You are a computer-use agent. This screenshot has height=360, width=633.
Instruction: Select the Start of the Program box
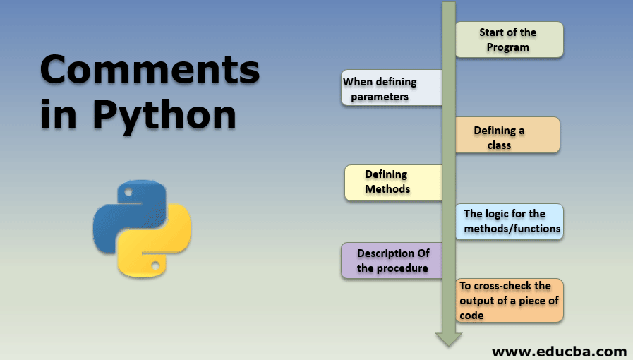pyautogui.click(x=508, y=40)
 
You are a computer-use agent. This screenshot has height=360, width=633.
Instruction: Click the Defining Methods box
pyautogui.click(x=392, y=183)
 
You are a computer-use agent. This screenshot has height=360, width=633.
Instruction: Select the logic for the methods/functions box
pyautogui.click(x=510, y=222)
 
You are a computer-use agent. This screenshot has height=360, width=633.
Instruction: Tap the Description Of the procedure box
pyautogui.click(x=391, y=260)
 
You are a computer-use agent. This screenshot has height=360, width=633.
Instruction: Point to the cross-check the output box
pyautogui.click(x=510, y=301)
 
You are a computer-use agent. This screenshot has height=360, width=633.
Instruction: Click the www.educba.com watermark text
pyautogui.click(x=559, y=351)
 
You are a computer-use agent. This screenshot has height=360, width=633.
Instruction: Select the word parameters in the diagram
pyautogui.click(x=380, y=97)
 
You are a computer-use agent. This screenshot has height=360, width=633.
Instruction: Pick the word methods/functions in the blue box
pyautogui.click(x=512, y=229)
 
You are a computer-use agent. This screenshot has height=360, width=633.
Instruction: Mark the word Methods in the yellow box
pyautogui.click(x=387, y=189)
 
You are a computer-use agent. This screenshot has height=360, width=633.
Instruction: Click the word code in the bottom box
pyautogui.click(x=471, y=316)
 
